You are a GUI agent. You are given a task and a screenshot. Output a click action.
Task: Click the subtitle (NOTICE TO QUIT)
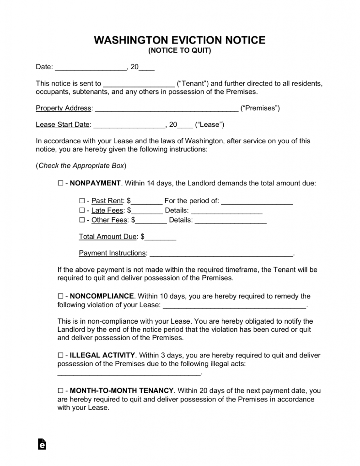point(180,51)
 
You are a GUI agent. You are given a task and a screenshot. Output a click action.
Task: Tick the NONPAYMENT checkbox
point(60,184)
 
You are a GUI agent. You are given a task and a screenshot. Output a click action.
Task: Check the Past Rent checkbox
point(82,201)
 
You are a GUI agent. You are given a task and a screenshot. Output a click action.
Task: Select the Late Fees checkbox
point(82,211)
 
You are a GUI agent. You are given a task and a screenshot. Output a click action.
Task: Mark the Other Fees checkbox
point(82,220)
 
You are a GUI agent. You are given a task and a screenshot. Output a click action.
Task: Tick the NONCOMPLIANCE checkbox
point(60,296)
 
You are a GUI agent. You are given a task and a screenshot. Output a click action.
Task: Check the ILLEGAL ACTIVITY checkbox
point(60,355)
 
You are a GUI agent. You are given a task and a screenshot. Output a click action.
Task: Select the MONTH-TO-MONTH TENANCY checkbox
point(60,391)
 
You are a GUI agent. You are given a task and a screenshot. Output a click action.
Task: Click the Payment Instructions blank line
point(221,254)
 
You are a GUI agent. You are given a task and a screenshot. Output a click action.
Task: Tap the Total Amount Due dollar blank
point(161,238)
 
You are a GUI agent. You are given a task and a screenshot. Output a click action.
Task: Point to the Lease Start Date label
point(63,125)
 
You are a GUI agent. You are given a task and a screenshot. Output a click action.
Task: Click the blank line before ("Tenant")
point(139,84)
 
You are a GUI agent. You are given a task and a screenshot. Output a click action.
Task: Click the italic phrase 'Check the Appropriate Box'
point(81,166)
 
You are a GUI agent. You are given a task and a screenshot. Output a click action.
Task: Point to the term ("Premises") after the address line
point(260,108)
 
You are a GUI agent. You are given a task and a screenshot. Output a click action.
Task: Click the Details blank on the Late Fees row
point(226,211)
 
